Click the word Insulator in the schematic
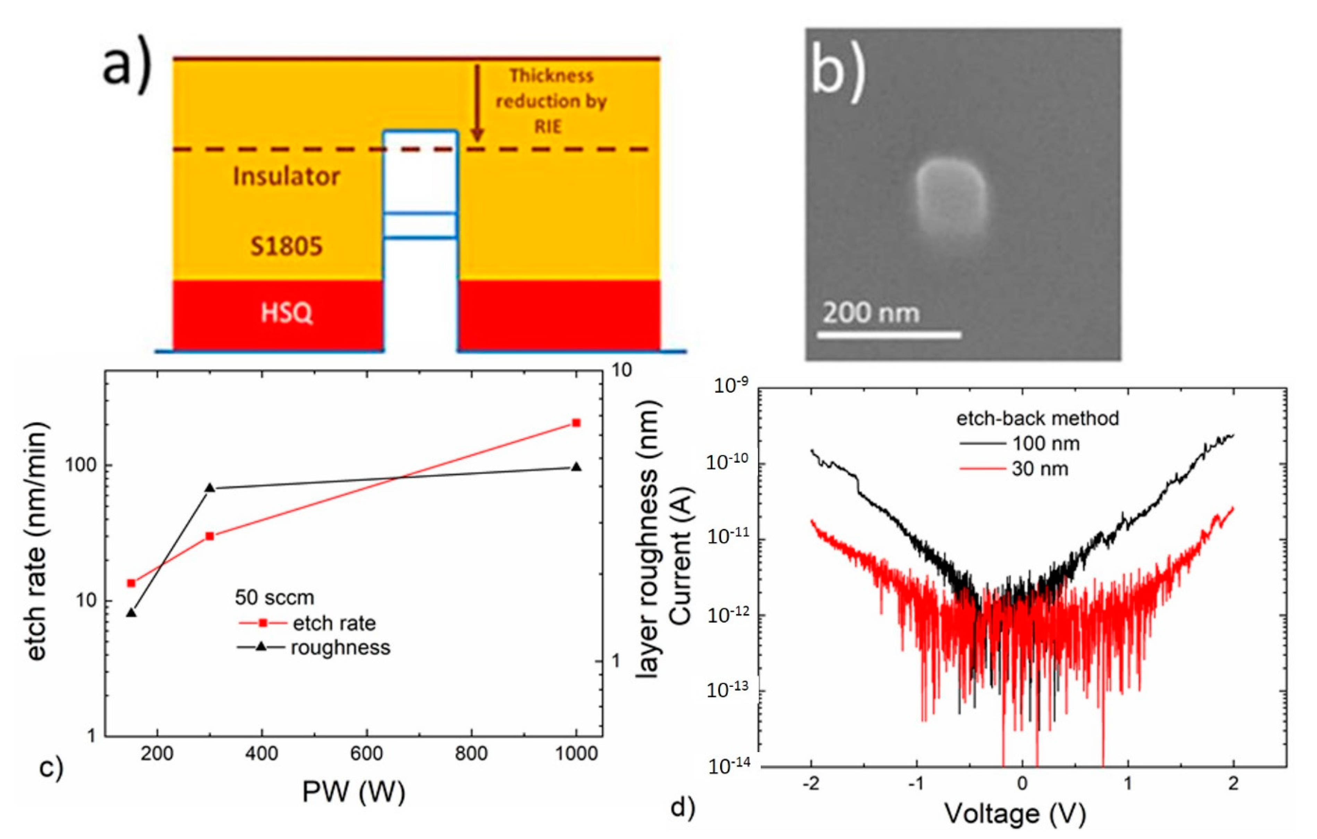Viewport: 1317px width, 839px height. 286,176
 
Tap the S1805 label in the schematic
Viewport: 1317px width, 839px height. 286,246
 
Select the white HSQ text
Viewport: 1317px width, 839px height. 286,313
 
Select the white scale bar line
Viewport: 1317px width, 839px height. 889,334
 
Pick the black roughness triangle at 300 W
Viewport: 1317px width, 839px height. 209,488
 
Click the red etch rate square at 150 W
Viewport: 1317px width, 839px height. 131,583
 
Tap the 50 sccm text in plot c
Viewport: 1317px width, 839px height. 275,597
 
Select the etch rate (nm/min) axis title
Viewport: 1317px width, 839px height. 37,541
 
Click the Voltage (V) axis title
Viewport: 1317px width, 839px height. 1015,814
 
